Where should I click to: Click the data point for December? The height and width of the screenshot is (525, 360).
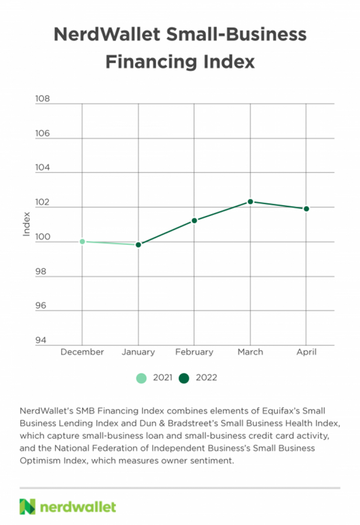pyautogui.click(x=82, y=241)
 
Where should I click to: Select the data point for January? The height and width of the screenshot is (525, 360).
pyautogui.click(x=138, y=245)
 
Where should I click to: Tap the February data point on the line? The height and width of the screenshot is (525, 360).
pyautogui.click(x=194, y=220)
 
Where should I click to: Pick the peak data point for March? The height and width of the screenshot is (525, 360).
pyautogui.click(x=250, y=201)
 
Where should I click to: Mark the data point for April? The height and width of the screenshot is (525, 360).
pyautogui.click(x=306, y=209)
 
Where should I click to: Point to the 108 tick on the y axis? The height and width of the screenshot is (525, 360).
pyautogui.click(x=43, y=99)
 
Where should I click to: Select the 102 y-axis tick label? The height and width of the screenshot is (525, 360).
pyautogui.click(x=43, y=203)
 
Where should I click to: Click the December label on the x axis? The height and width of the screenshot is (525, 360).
pyautogui.click(x=82, y=352)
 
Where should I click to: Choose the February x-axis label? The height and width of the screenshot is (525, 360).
pyautogui.click(x=194, y=352)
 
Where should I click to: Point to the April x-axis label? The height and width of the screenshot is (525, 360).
pyautogui.click(x=306, y=352)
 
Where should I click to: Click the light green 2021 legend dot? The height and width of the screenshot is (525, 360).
pyautogui.click(x=141, y=378)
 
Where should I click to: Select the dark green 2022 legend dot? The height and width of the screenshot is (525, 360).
pyautogui.click(x=184, y=378)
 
